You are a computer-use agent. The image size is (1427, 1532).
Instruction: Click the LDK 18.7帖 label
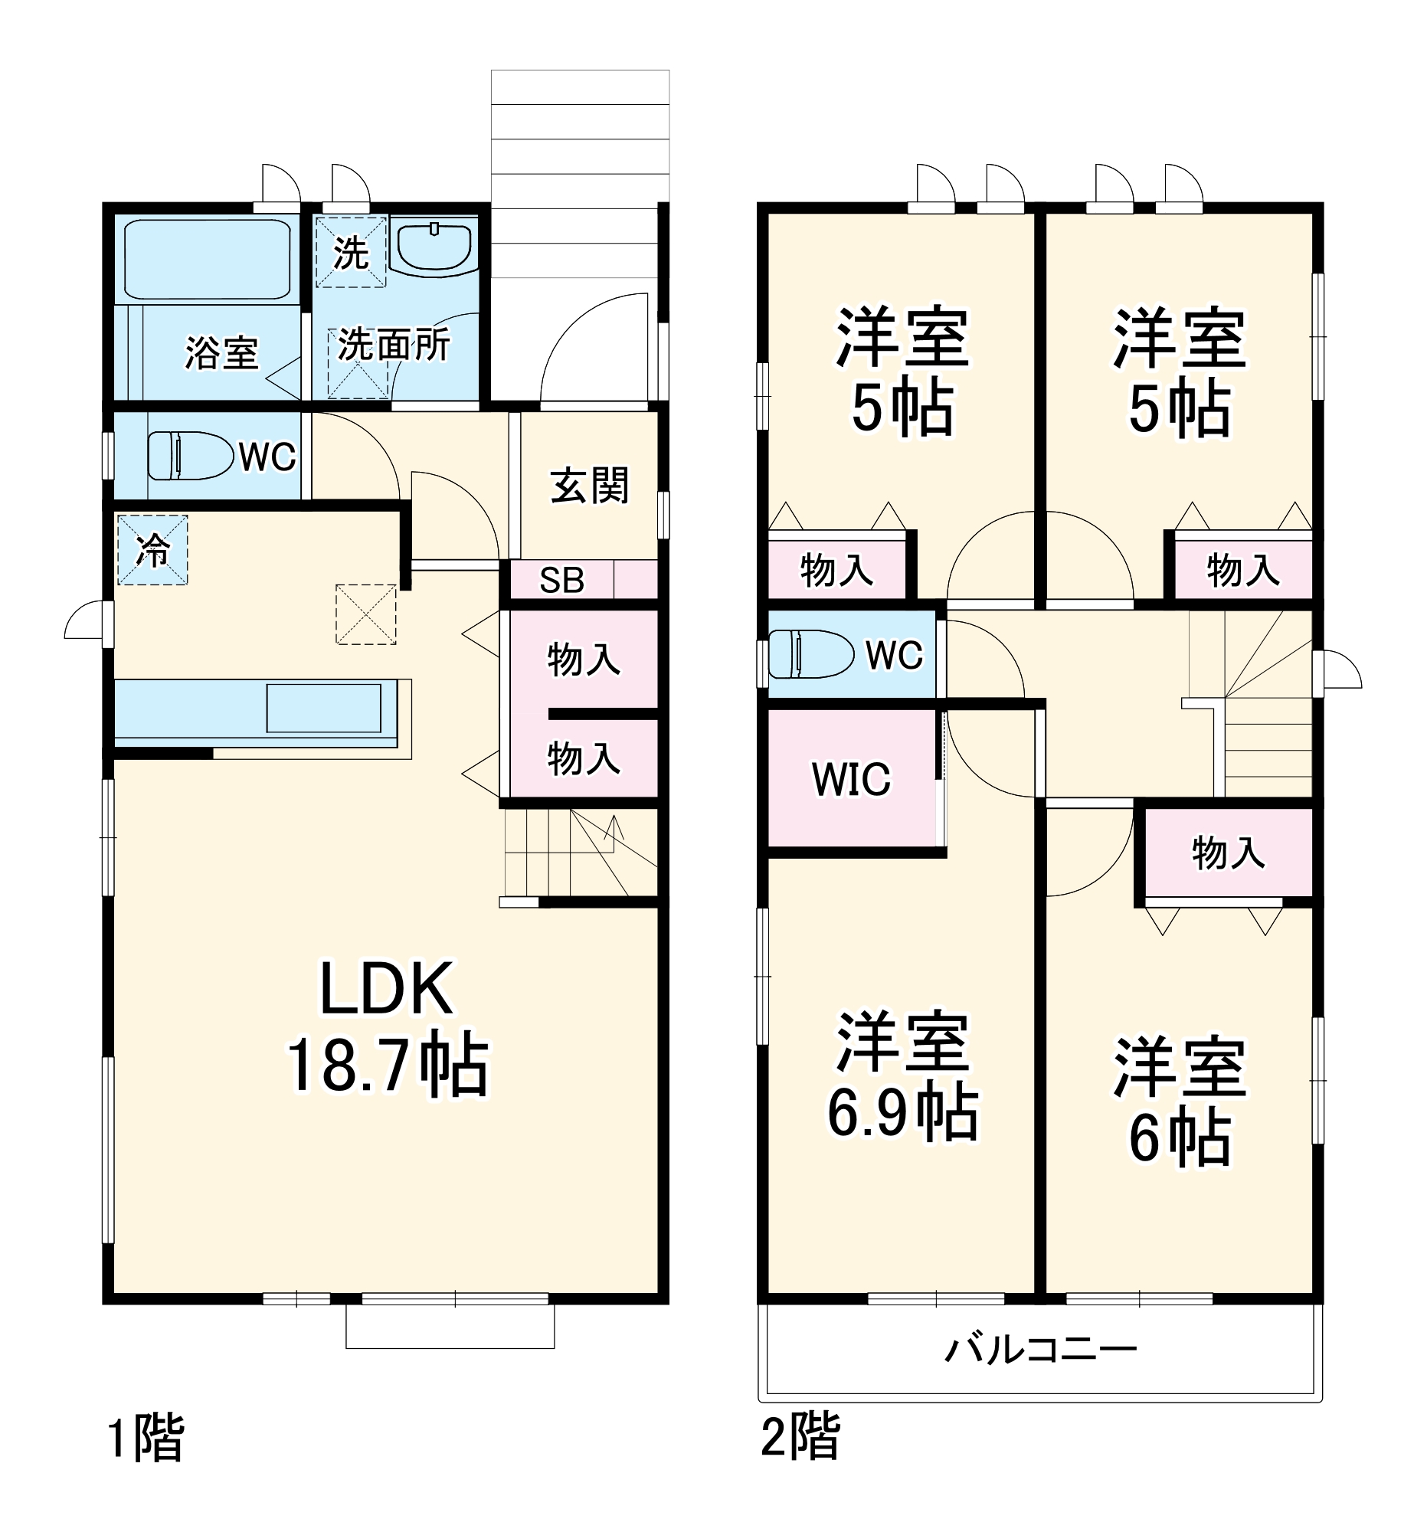387,1027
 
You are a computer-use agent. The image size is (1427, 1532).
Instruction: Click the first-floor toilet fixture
190,456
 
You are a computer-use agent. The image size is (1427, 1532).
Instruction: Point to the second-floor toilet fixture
810,654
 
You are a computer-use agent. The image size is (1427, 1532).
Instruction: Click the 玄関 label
590,486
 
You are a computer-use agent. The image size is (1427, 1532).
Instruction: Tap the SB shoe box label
561,581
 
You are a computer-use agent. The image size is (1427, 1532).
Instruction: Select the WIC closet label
851,779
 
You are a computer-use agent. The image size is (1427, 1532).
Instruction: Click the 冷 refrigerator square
152,549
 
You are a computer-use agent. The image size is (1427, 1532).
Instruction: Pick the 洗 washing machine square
351,252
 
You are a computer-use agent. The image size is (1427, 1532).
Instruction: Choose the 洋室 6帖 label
1179,1102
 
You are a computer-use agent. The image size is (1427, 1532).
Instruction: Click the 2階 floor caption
800,1435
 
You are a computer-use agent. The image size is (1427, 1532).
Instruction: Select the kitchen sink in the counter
323,708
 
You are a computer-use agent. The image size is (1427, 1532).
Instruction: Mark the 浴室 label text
221,352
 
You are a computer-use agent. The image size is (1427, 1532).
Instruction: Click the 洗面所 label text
394,345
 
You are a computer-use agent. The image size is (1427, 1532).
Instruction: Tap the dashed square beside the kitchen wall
366,614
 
